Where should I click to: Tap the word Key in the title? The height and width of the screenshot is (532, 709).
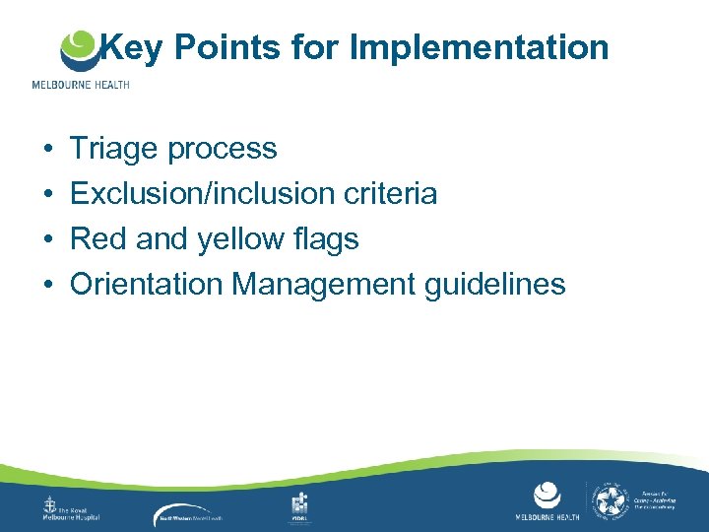pos(132,46)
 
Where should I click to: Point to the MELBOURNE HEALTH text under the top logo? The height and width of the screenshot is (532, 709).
pos(80,85)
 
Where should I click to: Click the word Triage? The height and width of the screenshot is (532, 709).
pos(113,149)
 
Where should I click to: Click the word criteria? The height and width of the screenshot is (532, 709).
pos(394,194)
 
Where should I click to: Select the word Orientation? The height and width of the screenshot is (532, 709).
pos(147,285)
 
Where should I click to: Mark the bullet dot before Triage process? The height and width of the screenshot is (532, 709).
pos(48,150)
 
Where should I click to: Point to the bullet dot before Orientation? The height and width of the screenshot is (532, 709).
pos(48,286)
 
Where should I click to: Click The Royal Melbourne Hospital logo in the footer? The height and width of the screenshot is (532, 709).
pos(73,508)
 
